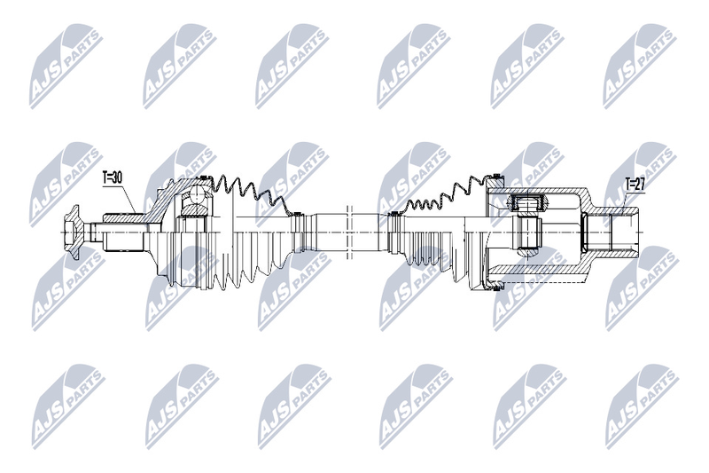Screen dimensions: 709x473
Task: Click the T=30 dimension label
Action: coord(113,177)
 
